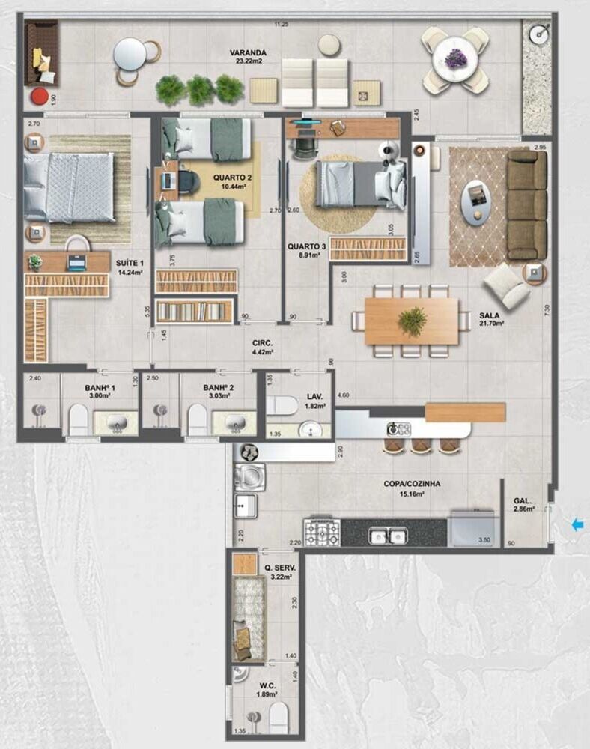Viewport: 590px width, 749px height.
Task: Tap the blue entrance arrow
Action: point(577,525)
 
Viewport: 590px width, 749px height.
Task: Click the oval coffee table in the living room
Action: point(477,201)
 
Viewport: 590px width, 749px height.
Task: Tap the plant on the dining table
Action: point(412,321)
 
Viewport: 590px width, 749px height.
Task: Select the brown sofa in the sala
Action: point(527,204)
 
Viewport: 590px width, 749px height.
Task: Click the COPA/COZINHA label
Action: point(412,484)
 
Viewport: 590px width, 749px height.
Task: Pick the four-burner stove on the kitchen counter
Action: point(321,531)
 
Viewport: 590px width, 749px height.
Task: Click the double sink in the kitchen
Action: point(387,536)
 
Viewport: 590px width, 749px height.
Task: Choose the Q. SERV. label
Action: point(280,568)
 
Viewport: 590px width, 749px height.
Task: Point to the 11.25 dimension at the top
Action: point(281,25)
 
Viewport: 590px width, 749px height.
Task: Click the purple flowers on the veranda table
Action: point(456,58)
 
